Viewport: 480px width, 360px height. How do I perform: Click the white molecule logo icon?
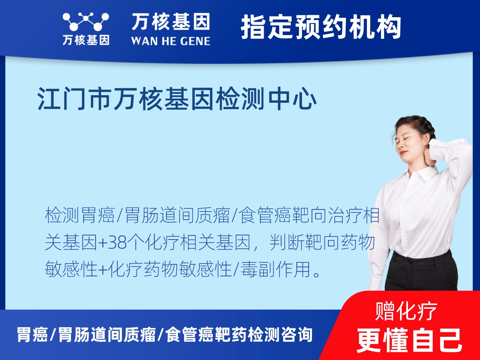(x=86, y=22)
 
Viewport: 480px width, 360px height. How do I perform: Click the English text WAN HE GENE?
(x=170, y=41)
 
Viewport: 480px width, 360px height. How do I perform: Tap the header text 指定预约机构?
(x=321, y=27)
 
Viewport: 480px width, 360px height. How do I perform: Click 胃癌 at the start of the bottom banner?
(x=32, y=334)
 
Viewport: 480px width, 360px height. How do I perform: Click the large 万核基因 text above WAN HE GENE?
(x=170, y=22)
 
